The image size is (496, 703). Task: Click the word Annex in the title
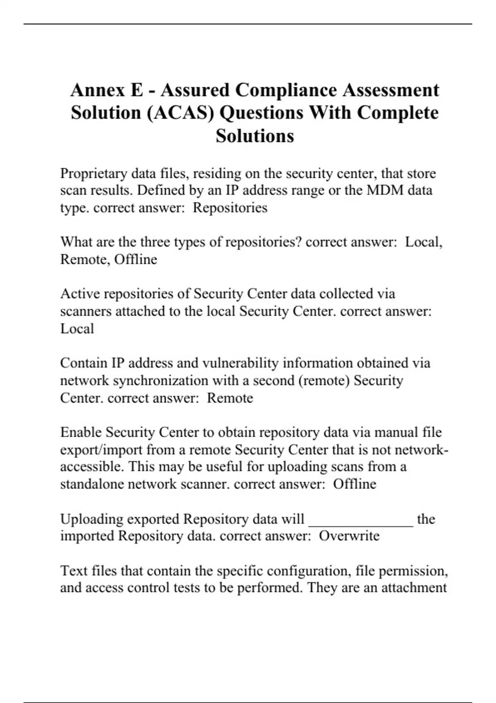98,90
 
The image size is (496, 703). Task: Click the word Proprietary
93,173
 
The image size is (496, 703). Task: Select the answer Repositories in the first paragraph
230,208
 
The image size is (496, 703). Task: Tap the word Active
80,294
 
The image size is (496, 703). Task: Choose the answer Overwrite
349,536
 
